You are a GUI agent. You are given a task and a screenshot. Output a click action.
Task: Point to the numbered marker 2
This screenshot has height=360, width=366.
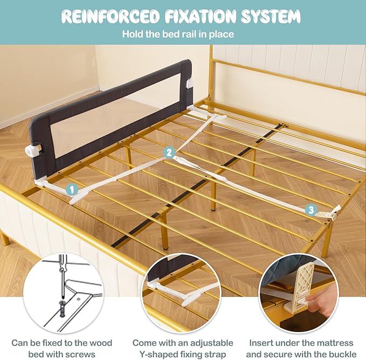pos(169,153)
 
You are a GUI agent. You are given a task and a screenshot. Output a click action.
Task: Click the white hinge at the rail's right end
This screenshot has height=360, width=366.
pos(189,84)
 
